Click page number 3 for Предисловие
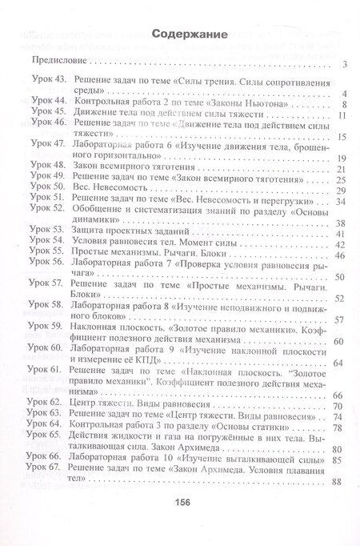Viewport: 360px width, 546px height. [342, 65]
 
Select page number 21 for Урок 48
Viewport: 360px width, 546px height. [339, 170]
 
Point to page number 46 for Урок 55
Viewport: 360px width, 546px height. [339, 255]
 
